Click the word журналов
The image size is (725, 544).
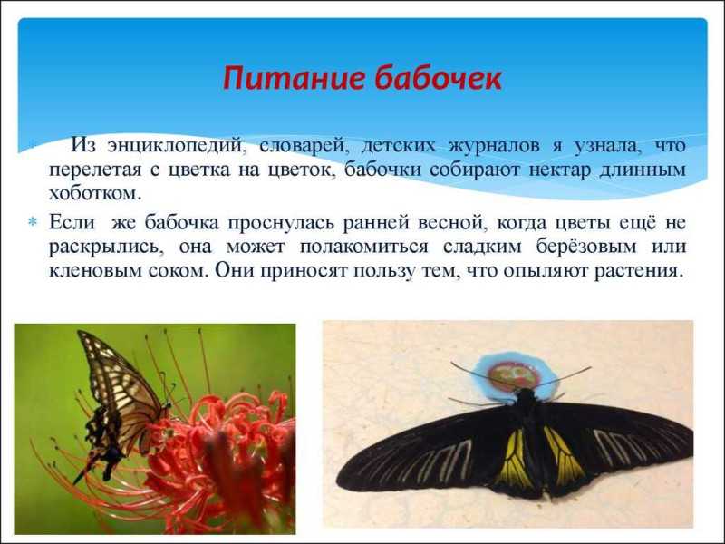[x=493, y=145]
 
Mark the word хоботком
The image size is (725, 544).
[x=94, y=193]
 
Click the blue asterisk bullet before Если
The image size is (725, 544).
[x=33, y=222]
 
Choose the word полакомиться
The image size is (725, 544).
[x=364, y=247]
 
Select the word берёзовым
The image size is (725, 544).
[x=586, y=247]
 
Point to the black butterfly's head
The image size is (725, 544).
[x=525, y=395]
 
